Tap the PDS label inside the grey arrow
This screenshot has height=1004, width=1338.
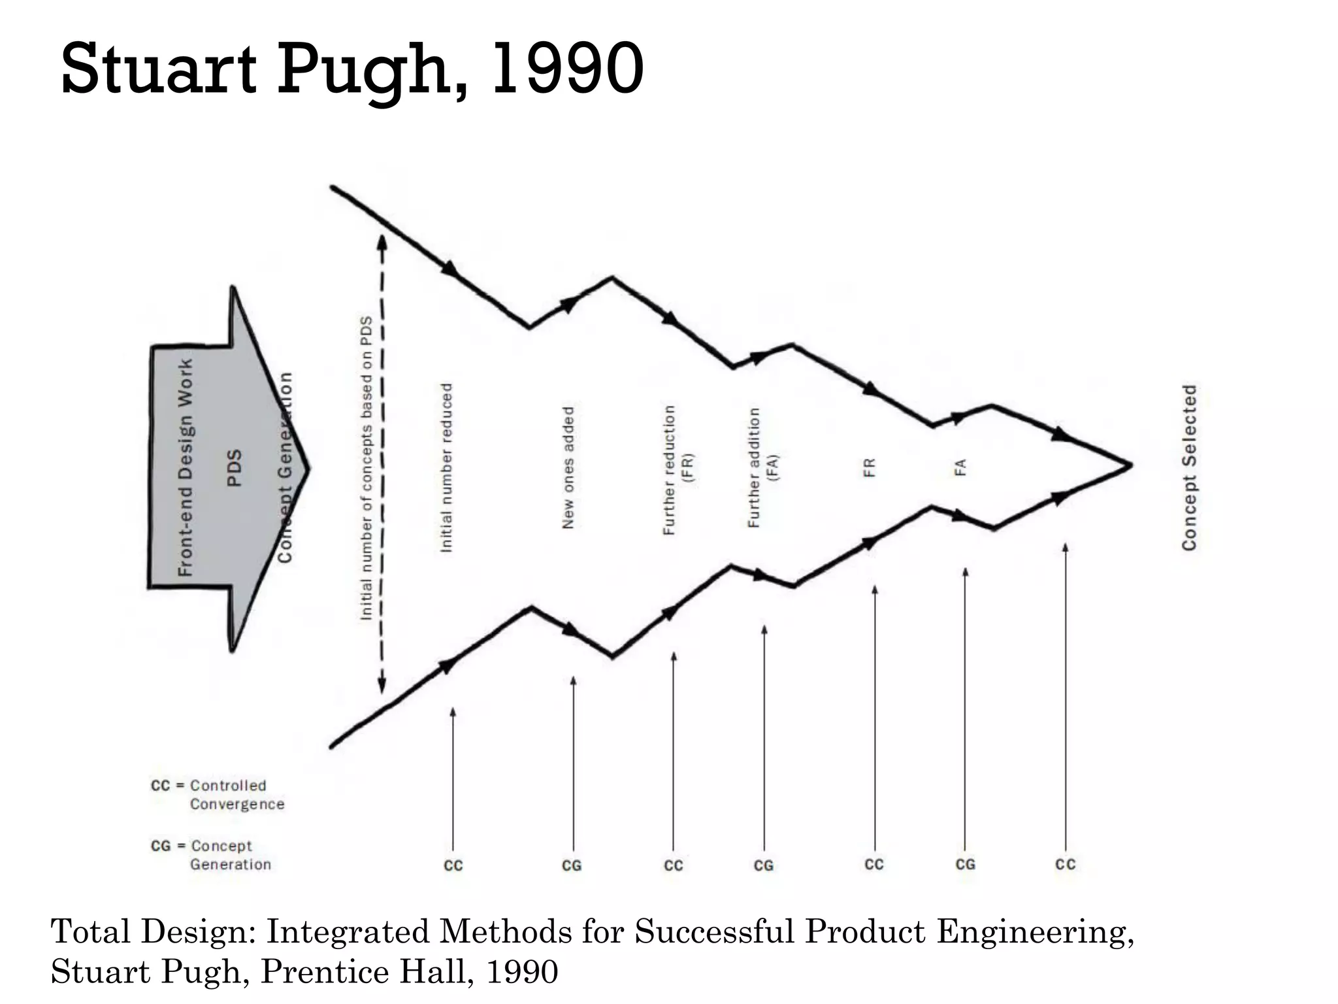(x=235, y=467)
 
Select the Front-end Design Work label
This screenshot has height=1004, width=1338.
(x=186, y=467)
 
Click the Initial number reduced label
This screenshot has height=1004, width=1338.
(x=446, y=468)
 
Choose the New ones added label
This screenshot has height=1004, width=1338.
(x=568, y=468)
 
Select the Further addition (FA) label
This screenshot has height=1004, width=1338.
(x=763, y=468)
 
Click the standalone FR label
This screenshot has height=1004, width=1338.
(x=869, y=467)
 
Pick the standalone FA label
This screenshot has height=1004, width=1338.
(x=960, y=467)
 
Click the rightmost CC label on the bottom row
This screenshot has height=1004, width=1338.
(x=1065, y=864)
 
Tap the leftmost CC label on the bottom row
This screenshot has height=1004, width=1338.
(x=453, y=865)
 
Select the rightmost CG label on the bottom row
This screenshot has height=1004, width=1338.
(x=965, y=864)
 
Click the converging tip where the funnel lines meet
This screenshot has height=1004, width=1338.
(x=1130, y=465)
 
